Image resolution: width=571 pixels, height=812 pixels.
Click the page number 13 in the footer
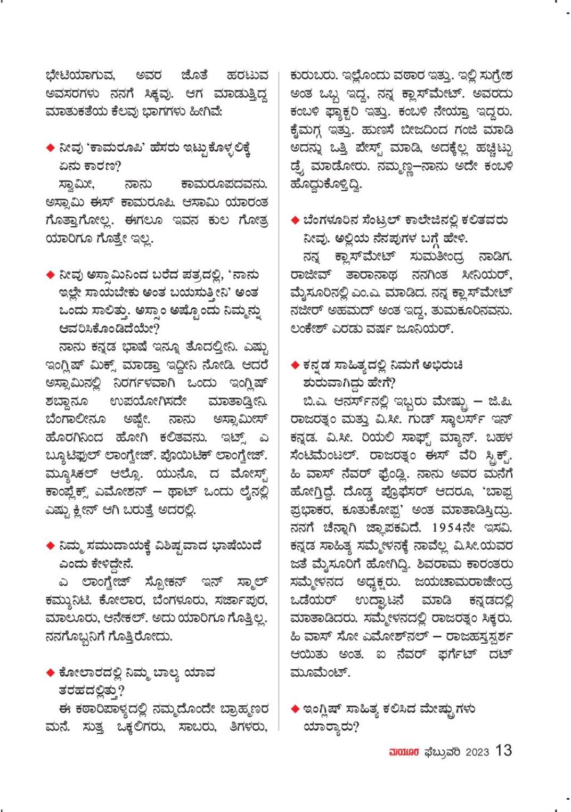[503, 751]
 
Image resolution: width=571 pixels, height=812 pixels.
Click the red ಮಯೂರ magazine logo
[405, 752]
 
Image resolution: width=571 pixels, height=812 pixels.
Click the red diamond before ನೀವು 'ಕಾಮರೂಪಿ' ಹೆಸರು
[50, 147]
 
